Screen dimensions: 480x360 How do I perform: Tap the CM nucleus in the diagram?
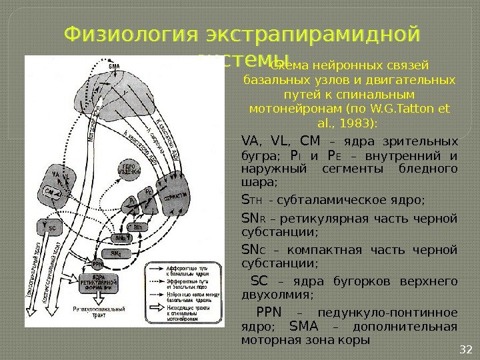49,192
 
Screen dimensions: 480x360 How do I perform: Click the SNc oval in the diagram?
116,254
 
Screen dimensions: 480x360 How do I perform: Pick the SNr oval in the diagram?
119,237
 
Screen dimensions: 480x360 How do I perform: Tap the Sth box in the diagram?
139,227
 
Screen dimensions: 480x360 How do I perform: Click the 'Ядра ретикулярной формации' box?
97,283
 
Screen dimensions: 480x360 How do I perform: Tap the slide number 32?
466,349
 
